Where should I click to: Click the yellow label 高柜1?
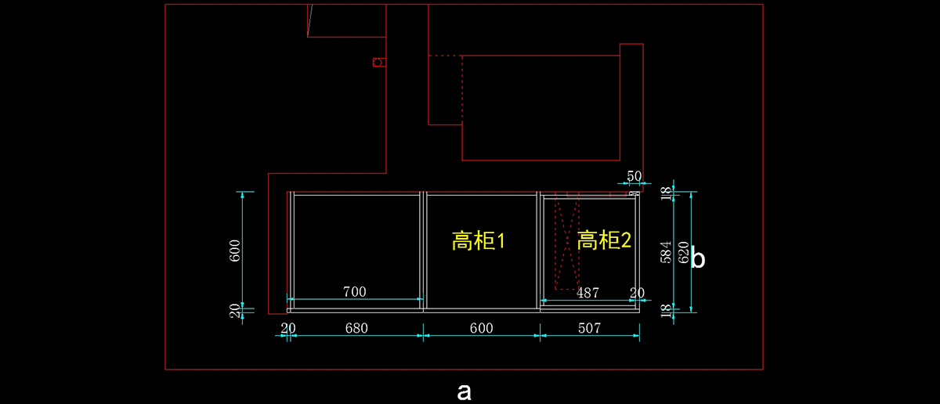479,240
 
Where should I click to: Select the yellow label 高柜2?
604,240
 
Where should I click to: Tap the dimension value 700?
355,292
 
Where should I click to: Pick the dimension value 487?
587,293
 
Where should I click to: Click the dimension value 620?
683,253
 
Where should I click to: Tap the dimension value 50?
634,176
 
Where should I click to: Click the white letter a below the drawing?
464,391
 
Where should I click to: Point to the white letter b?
697,259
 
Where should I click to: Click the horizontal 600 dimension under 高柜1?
481,328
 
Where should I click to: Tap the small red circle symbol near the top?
378,62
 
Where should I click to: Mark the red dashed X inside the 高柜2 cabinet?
567,245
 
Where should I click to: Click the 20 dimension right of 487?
638,293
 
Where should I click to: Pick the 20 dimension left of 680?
288,328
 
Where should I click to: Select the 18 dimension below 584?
667,309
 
